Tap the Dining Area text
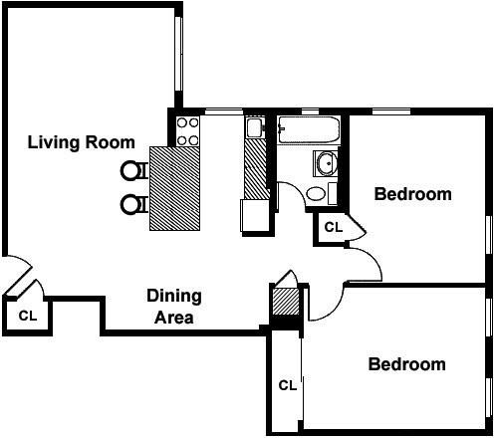pyautogui.click(x=174, y=307)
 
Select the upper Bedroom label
pyautogui.click(x=412, y=194)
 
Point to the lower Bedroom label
pyautogui.click(x=406, y=364)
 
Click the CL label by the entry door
pyautogui.click(x=28, y=317)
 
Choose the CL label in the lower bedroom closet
pyautogui.click(x=287, y=385)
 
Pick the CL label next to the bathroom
pyautogui.click(x=333, y=227)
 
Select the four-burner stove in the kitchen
pyautogui.click(x=187, y=130)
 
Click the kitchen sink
pyautogui.click(x=254, y=127)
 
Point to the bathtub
pyautogui.click(x=309, y=128)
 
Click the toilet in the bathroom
pyautogui.click(x=320, y=193)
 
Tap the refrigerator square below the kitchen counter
pyautogui.click(x=255, y=216)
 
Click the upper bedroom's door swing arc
pyautogui.click(x=367, y=261)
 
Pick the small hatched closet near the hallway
pyautogui.click(x=286, y=302)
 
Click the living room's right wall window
pyautogui.click(x=179, y=60)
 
